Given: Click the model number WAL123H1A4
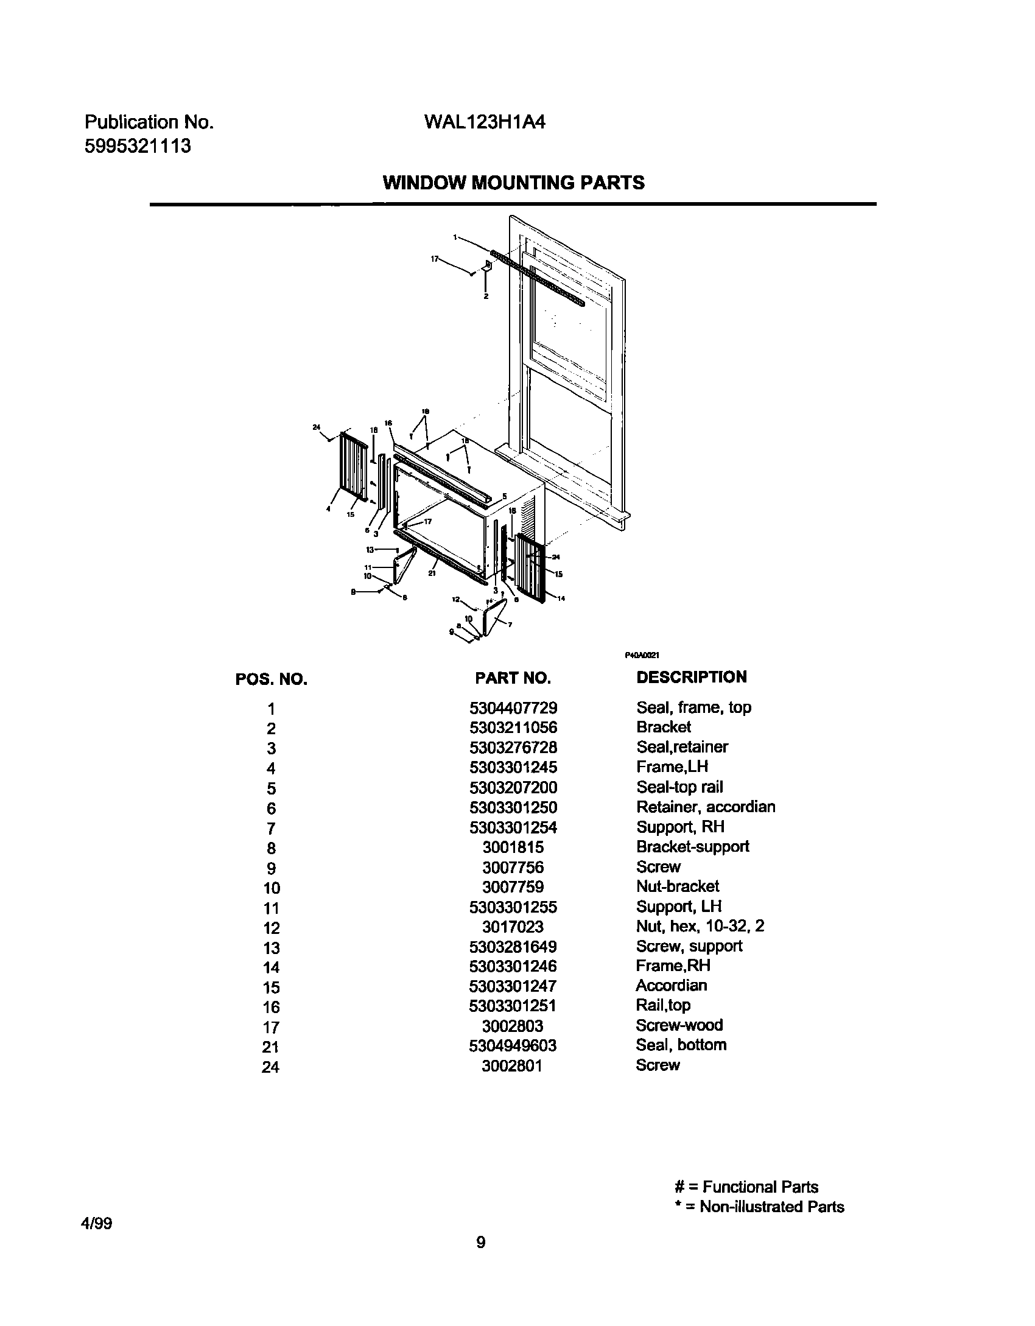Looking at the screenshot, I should point(484,122).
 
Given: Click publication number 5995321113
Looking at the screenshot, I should point(138,146).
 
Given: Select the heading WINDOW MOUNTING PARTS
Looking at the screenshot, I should point(513,183).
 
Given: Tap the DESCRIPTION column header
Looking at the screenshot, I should point(691,677).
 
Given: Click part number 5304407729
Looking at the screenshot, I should point(513,708).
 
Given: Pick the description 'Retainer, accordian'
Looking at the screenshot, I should point(706,807).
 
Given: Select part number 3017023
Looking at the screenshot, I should point(513,927).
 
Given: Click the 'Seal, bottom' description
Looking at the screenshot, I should point(681,1045).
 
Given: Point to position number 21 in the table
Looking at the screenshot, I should point(271,1047).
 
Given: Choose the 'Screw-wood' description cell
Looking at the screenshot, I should point(679,1025).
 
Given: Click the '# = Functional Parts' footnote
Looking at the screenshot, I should point(746,1187).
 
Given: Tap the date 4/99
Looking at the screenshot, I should point(98,1224).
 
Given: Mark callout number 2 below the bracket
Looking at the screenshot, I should point(486,296).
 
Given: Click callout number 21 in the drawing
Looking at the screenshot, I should point(431,573).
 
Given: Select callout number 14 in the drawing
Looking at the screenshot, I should point(561,598).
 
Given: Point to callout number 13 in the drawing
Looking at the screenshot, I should point(370,549).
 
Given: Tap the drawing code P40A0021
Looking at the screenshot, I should point(642,655).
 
